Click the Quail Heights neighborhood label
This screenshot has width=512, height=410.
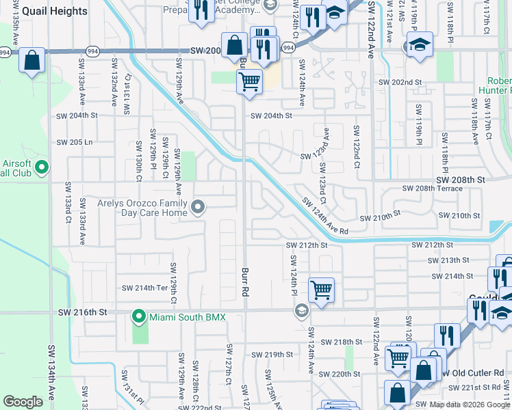pyautogui.click(x=55, y=11)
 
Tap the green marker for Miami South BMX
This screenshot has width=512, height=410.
pyautogui.click(x=139, y=316)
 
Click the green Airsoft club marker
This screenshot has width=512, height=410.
pyautogui.click(x=41, y=167)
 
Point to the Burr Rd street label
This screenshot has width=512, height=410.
pyautogui.click(x=244, y=281)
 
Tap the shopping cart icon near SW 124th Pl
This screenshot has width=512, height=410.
pyautogui.click(x=321, y=290)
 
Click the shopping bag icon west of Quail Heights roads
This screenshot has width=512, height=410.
pyautogui.click(x=31, y=60)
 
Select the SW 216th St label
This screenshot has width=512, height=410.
pyautogui.click(x=83, y=312)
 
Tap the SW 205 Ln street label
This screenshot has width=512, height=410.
pyautogui.click(x=75, y=142)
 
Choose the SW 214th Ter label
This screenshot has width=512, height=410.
pyautogui.click(x=144, y=288)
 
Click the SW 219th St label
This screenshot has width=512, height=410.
pyautogui.click(x=272, y=355)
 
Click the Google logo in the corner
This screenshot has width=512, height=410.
pyautogui.click(x=23, y=402)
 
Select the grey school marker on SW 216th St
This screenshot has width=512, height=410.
pyautogui.click(x=300, y=312)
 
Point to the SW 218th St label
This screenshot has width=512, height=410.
pyautogui.click(x=342, y=342)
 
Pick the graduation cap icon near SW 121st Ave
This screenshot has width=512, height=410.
pyautogui.click(x=419, y=45)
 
